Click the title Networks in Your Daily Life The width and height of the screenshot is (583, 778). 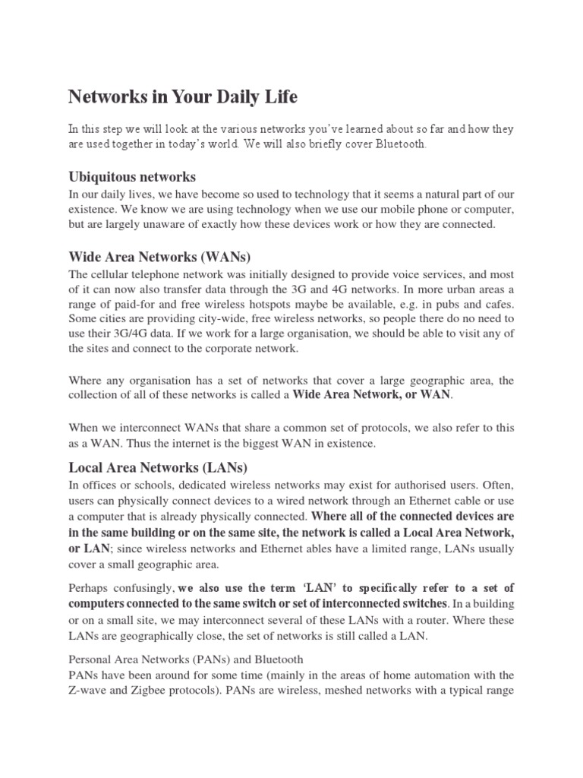click(x=183, y=97)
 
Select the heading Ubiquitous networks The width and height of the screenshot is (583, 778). click(x=132, y=177)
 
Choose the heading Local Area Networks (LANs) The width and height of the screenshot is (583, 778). click(x=158, y=466)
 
